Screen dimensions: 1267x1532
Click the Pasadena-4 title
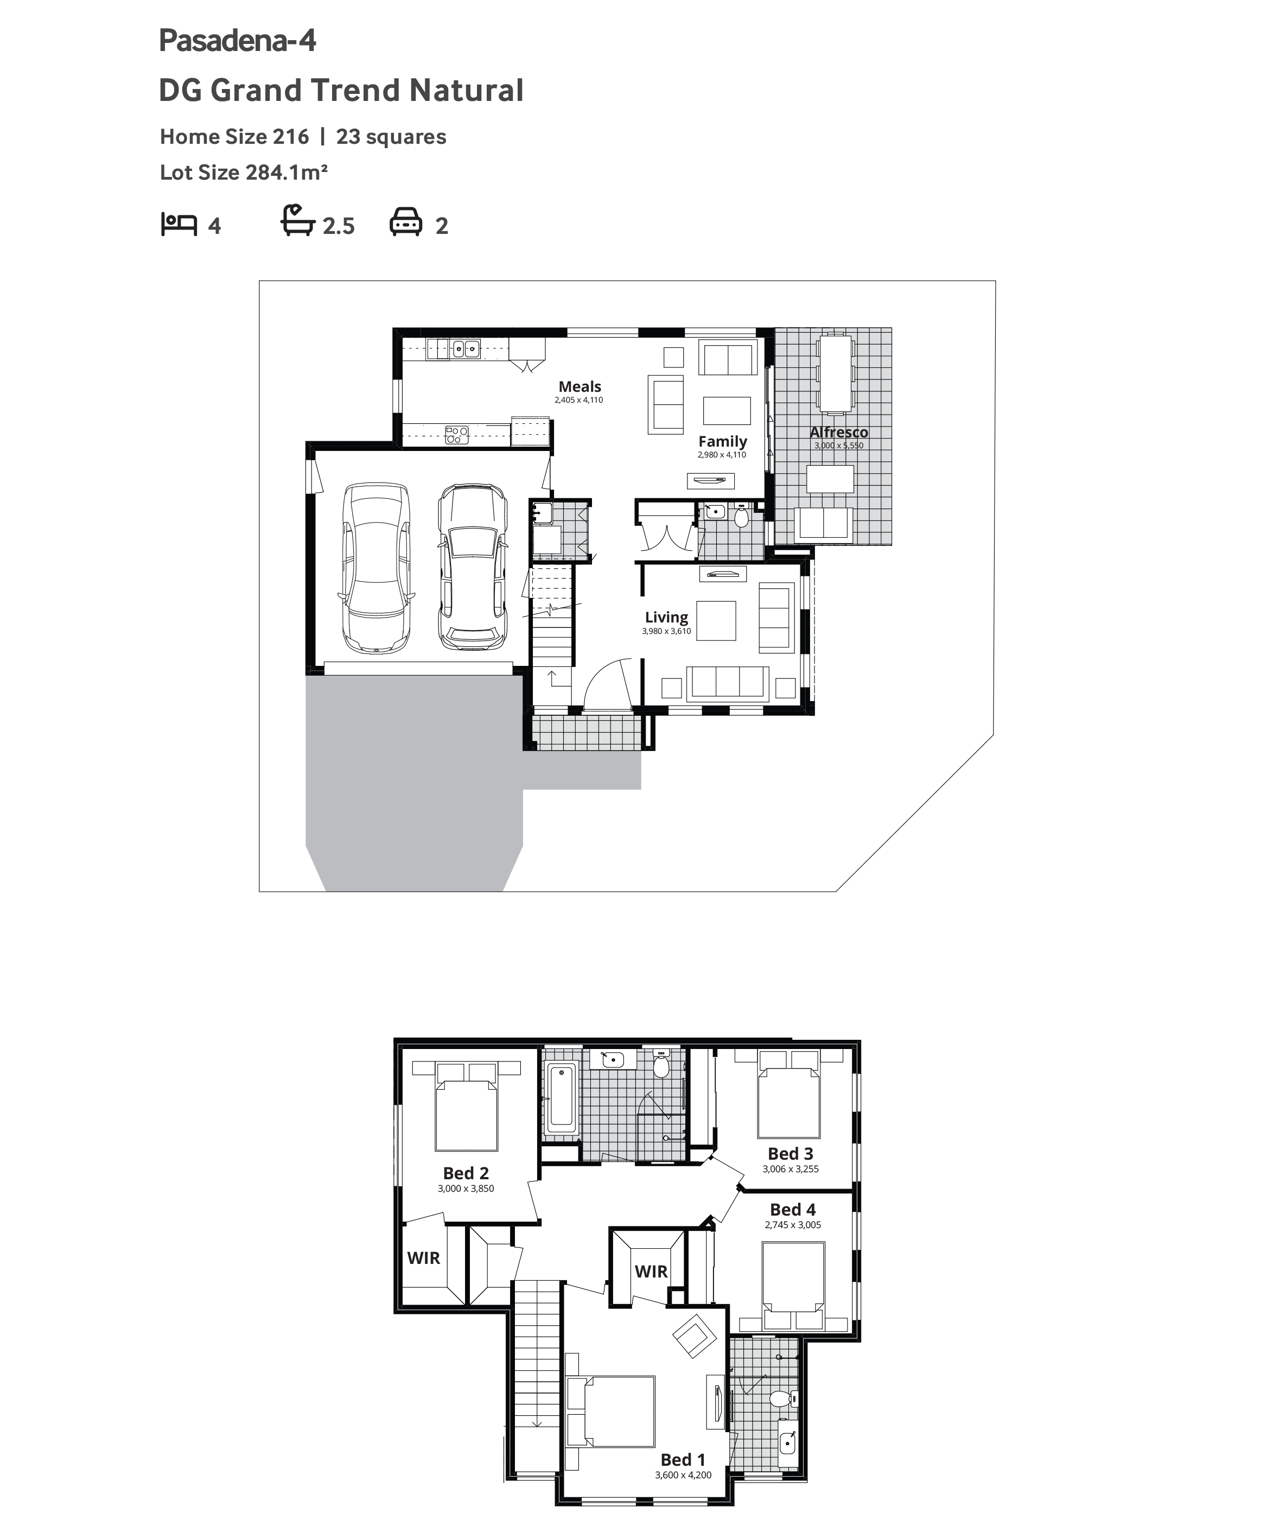pyautogui.click(x=237, y=41)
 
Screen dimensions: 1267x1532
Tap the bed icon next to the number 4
pyautogui.click(x=179, y=224)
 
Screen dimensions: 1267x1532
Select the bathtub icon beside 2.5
pyautogui.click(x=297, y=220)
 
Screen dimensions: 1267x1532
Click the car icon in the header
pyautogui.click(x=405, y=222)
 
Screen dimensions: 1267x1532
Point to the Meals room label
pyautogui.click(x=580, y=386)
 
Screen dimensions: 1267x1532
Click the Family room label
pyautogui.click(x=722, y=441)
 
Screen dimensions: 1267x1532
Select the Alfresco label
pyautogui.click(x=839, y=432)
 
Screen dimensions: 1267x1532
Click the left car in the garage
pyautogui.click(x=375, y=568)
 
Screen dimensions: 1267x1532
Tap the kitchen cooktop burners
pyautogui.click(x=457, y=435)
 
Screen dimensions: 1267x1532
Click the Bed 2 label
pyautogui.click(x=466, y=1173)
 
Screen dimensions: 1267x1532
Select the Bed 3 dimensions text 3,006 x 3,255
pyautogui.click(x=791, y=1169)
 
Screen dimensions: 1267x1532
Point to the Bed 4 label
pyautogui.click(x=793, y=1210)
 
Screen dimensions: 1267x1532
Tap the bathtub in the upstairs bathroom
pyautogui.click(x=561, y=1099)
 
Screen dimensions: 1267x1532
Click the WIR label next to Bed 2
pyautogui.click(x=424, y=1258)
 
